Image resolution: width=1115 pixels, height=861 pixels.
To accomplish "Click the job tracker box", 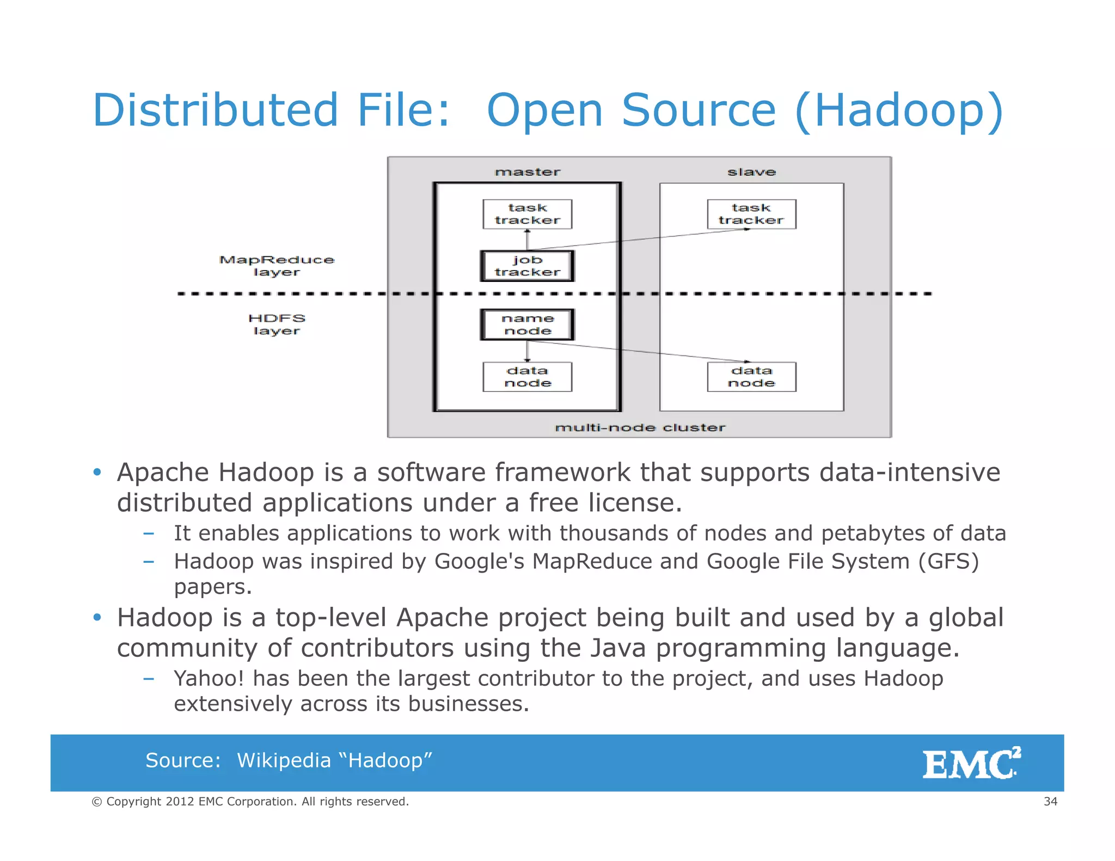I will pyautogui.click(x=527, y=266).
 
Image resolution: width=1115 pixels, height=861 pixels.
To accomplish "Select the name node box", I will pyautogui.click(x=527, y=325).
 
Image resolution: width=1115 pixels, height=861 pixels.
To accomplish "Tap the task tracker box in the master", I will pyautogui.click(x=527, y=214).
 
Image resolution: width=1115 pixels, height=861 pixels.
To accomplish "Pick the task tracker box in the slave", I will pyautogui.click(x=751, y=214).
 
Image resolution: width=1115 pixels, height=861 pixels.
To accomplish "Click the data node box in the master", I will pyautogui.click(x=527, y=377).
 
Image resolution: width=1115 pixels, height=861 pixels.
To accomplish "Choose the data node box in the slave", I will pyautogui.click(x=751, y=377).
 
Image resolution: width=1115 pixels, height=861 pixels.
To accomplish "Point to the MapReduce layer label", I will pyautogui.click(x=277, y=266).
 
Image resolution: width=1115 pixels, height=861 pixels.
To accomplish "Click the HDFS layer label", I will pyautogui.click(x=277, y=324).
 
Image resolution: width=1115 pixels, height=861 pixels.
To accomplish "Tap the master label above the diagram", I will pyautogui.click(x=527, y=172).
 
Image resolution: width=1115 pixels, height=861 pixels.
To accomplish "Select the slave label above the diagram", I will pyautogui.click(x=751, y=172).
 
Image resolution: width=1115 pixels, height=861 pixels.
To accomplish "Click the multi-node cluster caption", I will pyautogui.click(x=640, y=428).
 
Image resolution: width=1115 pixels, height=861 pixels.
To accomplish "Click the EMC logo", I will pyautogui.click(x=971, y=763).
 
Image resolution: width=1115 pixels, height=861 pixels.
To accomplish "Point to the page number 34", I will pyautogui.click(x=1050, y=801).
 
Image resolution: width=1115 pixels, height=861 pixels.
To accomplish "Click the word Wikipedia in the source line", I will pyautogui.click(x=284, y=760).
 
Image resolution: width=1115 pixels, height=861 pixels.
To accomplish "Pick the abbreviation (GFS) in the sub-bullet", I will pyautogui.click(x=948, y=561).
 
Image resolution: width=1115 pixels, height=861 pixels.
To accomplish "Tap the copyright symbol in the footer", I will pyautogui.click(x=97, y=802).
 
